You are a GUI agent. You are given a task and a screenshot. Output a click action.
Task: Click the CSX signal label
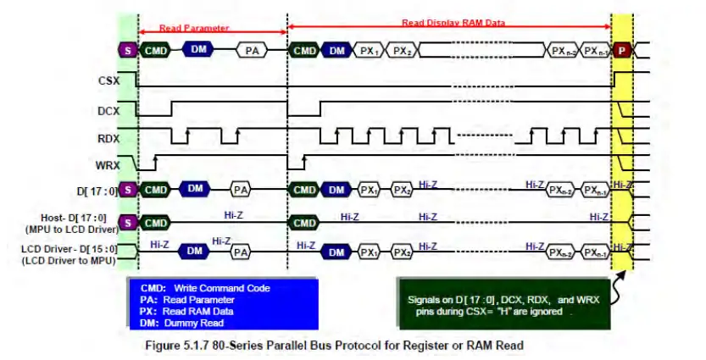pyautogui.click(x=106, y=80)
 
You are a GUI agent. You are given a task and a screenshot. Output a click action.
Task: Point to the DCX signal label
pyautogui.click(x=106, y=108)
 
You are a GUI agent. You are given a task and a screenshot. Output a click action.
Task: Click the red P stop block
pyautogui.click(x=622, y=51)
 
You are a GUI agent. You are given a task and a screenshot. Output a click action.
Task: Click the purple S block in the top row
pyautogui.click(x=128, y=51)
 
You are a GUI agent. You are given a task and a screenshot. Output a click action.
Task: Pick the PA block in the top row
pyautogui.click(x=252, y=51)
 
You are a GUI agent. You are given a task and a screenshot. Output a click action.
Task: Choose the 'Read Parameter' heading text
pyautogui.click(x=195, y=28)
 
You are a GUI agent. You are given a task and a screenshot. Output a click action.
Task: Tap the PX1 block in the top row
pyautogui.click(x=368, y=51)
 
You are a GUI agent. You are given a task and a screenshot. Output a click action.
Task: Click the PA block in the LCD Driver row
pyautogui.click(x=241, y=252)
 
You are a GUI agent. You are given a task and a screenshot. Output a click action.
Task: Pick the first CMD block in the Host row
pyautogui.click(x=155, y=223)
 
